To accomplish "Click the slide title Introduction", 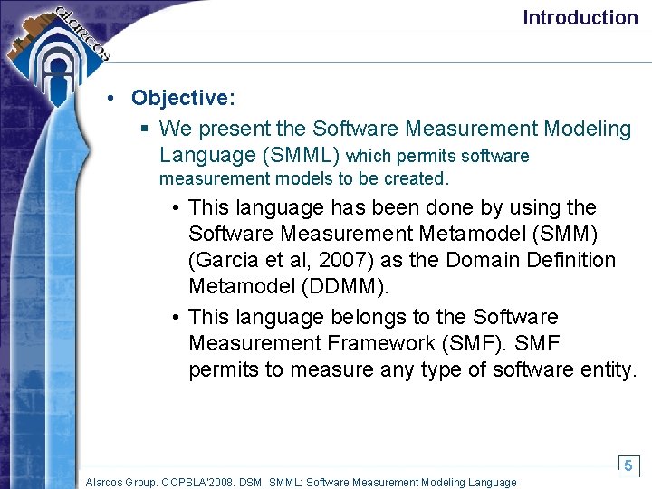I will pyautogui.click(x=580, y=17).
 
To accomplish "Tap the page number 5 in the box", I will pyautogui.click(x=628, y=465).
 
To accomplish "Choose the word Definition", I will pyautogui.click(x=570, y=260).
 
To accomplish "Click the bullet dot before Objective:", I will pyautogui.click(x=109, y=98).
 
